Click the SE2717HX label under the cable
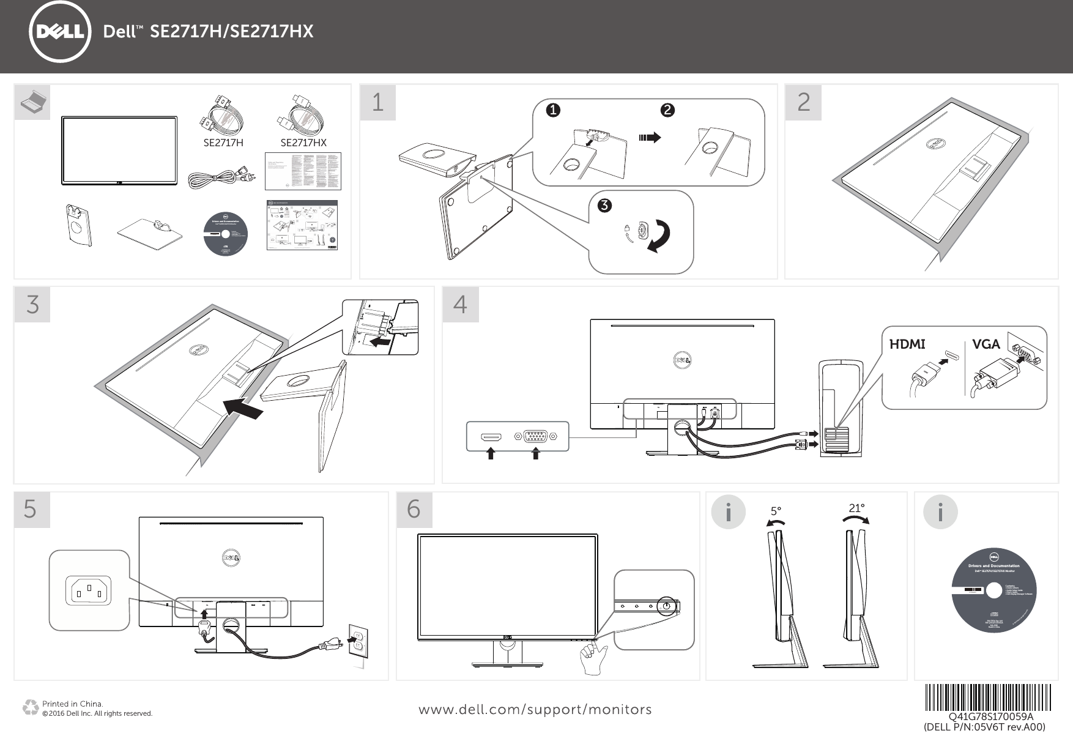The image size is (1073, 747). [303, 143]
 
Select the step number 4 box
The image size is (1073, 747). [460, 304]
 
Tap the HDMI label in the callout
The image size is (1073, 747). [907, 344]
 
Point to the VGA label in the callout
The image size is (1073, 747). [986, 344]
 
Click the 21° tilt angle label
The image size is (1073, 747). [856, 508]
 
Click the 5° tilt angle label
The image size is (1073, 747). [776, 511]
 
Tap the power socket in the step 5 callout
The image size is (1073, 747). [89, 590]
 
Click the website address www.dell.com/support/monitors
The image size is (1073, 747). [535, 710]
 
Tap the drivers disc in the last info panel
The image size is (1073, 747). [993, 590]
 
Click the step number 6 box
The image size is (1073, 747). [414, 510]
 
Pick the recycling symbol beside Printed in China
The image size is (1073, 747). [30, 708]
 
